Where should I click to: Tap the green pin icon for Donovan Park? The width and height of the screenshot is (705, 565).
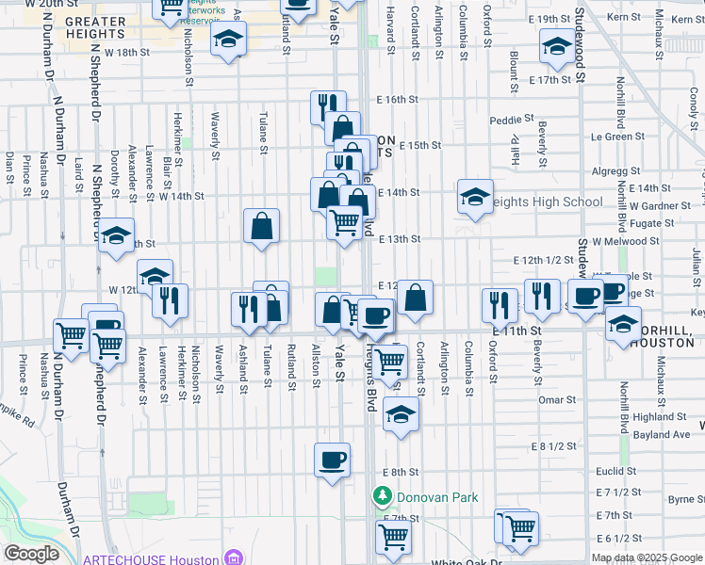382,495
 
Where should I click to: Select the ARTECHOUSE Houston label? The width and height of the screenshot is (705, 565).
151,559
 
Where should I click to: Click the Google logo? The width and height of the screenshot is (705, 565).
31,554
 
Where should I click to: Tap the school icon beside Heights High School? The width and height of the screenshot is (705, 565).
475,196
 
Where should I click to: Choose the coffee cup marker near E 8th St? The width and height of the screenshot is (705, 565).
333,460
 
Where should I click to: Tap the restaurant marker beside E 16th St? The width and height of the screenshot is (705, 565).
328,105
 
